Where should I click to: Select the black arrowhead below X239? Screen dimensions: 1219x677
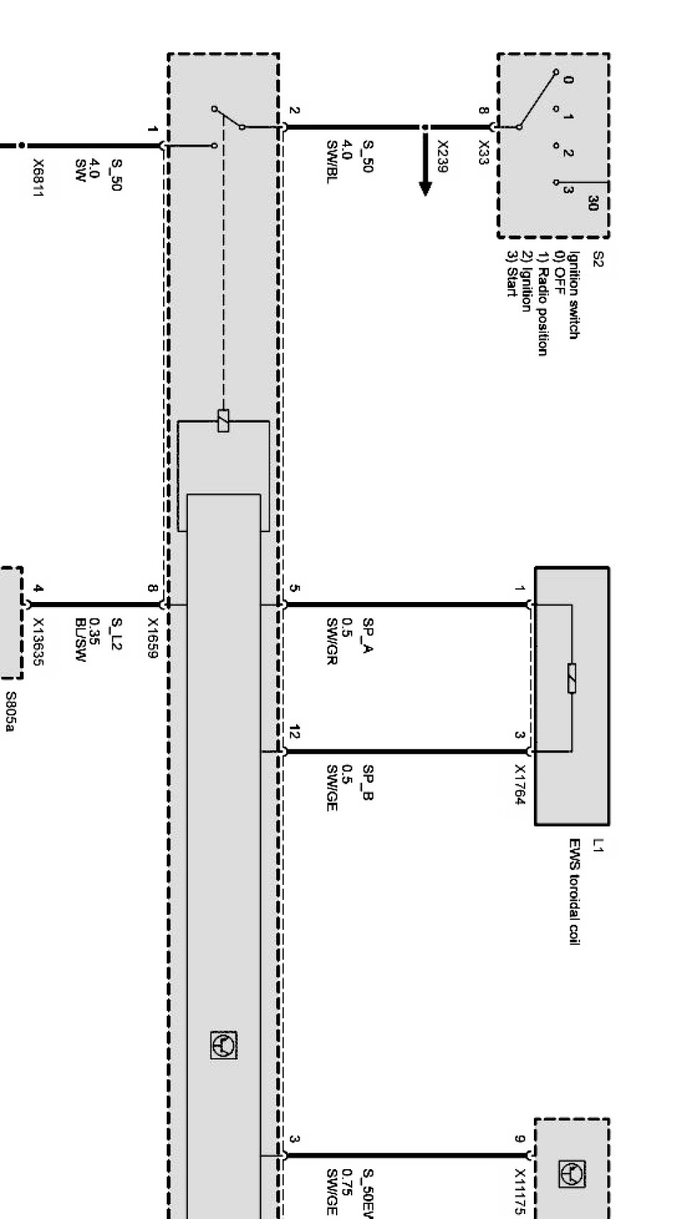click(x=426, y=188)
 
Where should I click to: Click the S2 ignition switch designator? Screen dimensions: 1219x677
click(x=597, y=258)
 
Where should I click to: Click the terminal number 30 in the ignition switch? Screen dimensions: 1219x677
click(x=592, y=204)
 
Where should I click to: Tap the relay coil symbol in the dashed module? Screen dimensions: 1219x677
click(x=224, y=420)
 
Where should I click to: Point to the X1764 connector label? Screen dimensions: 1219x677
click(x=520, y=786)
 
